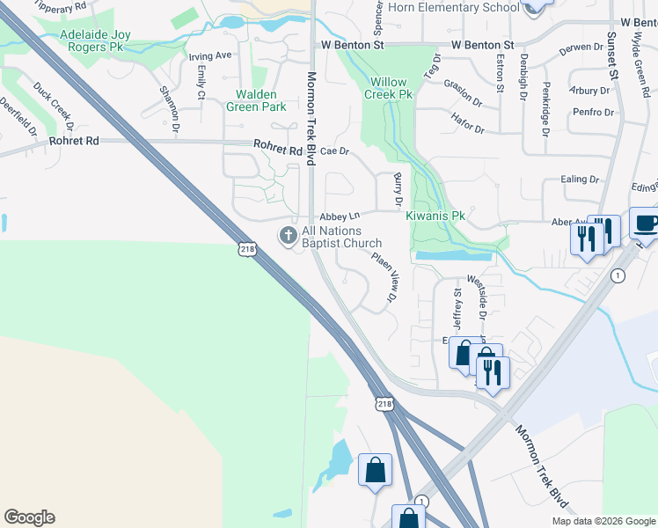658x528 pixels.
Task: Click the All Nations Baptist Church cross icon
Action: coord(288,236)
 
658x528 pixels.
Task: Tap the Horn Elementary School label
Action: coord(452,8)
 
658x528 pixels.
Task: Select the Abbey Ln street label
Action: coord(340,216)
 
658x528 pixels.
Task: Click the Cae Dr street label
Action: coord(334,151)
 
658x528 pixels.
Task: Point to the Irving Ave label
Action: coord(210,55)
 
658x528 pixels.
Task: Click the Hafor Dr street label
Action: coord(466,123)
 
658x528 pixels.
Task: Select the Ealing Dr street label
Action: coord(580,180)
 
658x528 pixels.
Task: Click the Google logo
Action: coord(29,517)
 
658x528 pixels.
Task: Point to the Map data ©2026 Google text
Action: coord(603,521)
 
